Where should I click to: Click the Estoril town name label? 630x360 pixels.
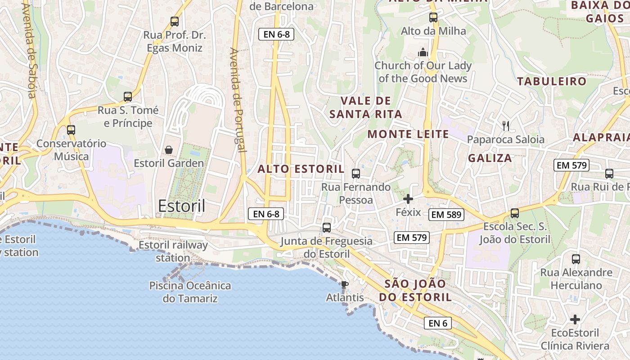pos(181,206)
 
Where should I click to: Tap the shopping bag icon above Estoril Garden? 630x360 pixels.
pos(169,149)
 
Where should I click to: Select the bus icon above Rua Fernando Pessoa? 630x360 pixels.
pos(356,173)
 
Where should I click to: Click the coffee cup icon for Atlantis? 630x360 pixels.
pos(344,284)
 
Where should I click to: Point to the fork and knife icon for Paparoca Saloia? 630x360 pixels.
pos(506,126)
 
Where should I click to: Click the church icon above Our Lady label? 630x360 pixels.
pos(423,52)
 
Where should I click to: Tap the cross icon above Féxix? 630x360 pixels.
pos(408,198)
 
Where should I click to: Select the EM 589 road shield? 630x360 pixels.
pos(446,215)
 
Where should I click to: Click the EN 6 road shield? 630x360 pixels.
pos(437,323)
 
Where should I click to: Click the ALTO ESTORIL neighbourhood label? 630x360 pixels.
pos(301,169)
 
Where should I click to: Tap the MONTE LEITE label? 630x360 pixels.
pos(408,134)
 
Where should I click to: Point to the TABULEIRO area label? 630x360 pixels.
pos(552,81)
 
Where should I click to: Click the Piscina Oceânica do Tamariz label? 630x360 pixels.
pos(190,292)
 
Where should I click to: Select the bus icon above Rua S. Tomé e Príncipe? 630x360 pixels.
pos(128,97)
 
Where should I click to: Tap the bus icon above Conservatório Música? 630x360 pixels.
pos(71,130)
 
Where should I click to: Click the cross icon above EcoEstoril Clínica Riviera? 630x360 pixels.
pos(575,319)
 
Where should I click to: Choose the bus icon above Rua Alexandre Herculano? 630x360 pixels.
pos(576,259)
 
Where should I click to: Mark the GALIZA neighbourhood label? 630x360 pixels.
pos(490,158)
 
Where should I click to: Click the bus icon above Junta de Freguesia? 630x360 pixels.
pos(327,228)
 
